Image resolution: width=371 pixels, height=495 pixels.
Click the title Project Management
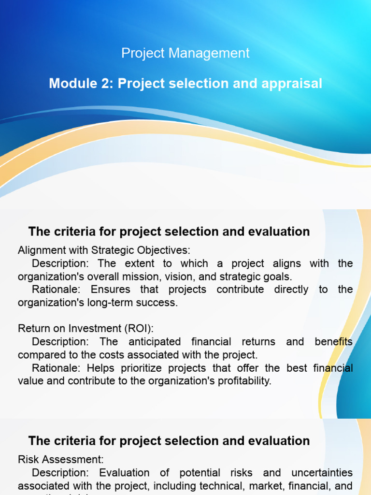coord(185,53)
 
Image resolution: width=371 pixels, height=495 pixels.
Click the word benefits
coord(333,342)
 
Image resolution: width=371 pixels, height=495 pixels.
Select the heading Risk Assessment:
coord(61,459)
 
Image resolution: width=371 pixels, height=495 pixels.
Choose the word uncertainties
coord(318,472)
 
